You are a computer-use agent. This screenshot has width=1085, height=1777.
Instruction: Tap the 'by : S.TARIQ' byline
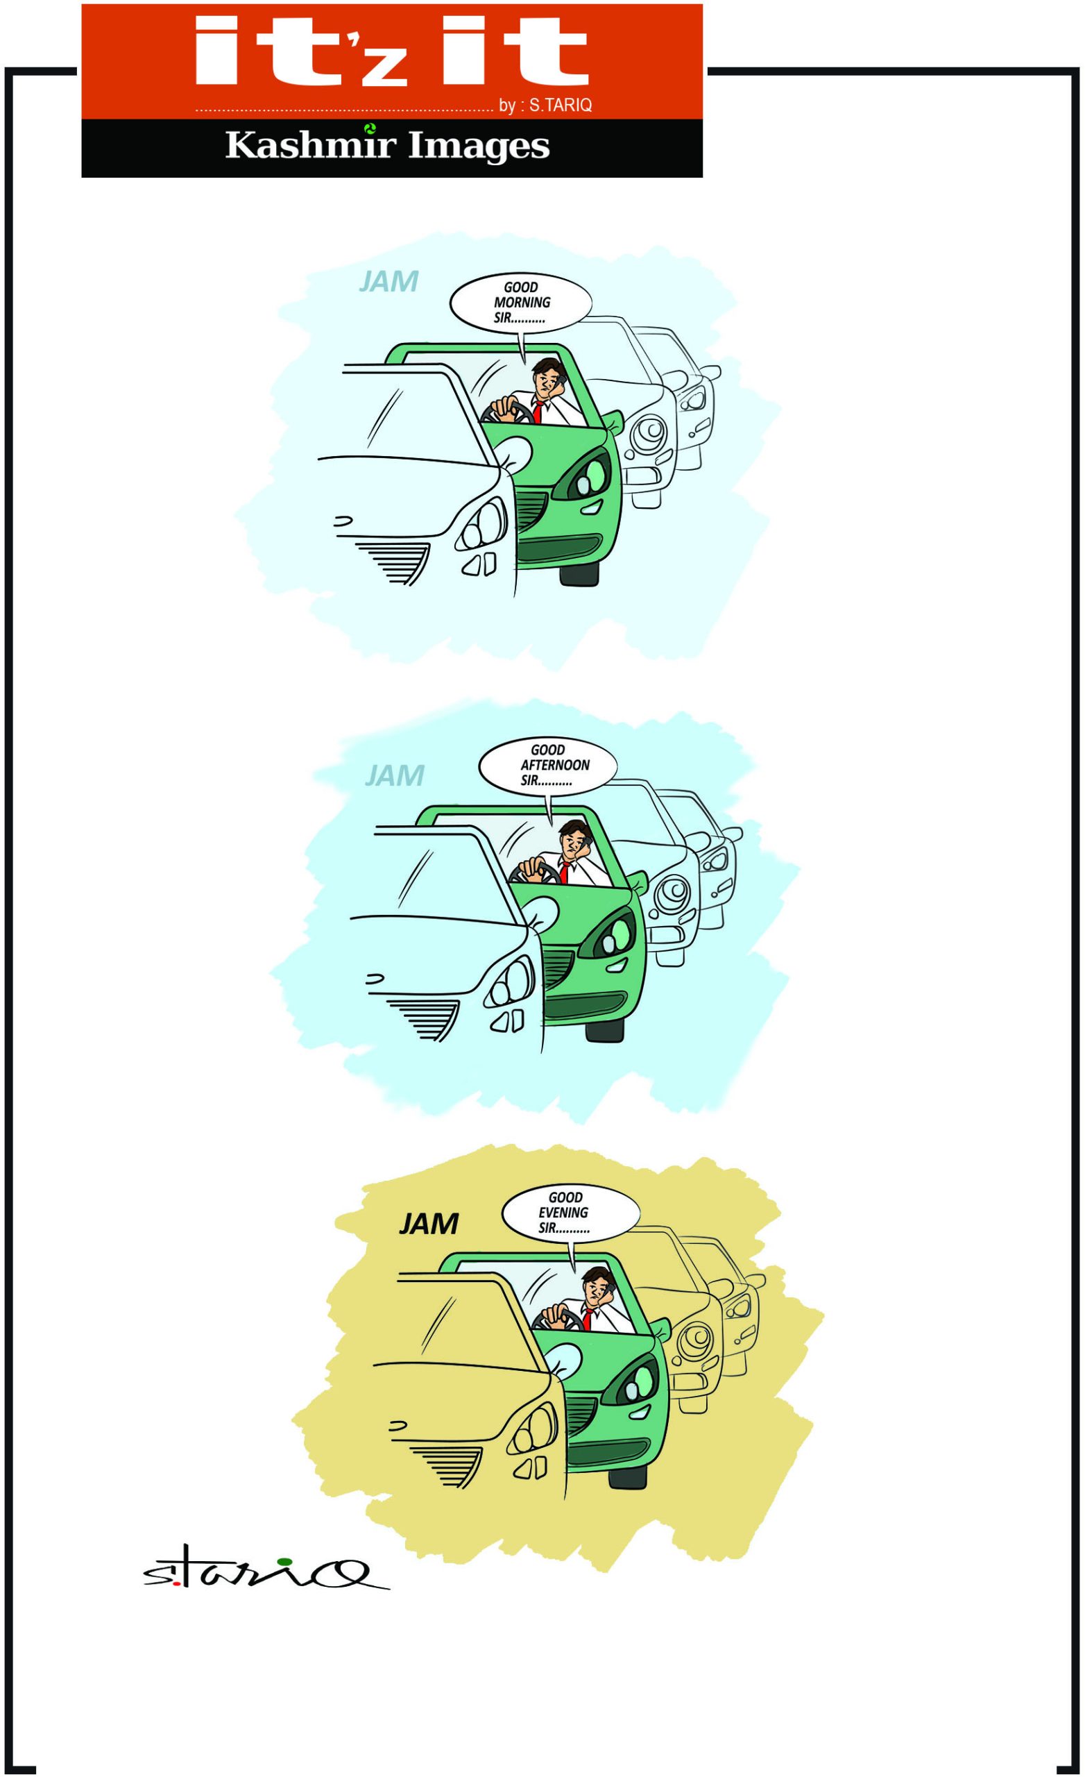coord(545,106)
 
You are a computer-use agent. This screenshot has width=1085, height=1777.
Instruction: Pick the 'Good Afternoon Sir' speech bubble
coord(548,766)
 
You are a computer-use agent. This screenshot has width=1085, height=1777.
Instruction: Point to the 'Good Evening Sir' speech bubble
coord(570,1215)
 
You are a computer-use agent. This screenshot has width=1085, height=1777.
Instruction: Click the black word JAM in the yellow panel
coord(429,1223)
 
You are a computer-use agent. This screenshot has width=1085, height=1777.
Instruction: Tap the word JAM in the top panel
coord(388,281)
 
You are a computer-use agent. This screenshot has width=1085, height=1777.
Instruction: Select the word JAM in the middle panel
coord(394,775)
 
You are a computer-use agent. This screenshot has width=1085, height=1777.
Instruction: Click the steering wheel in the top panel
coord(502,413)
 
